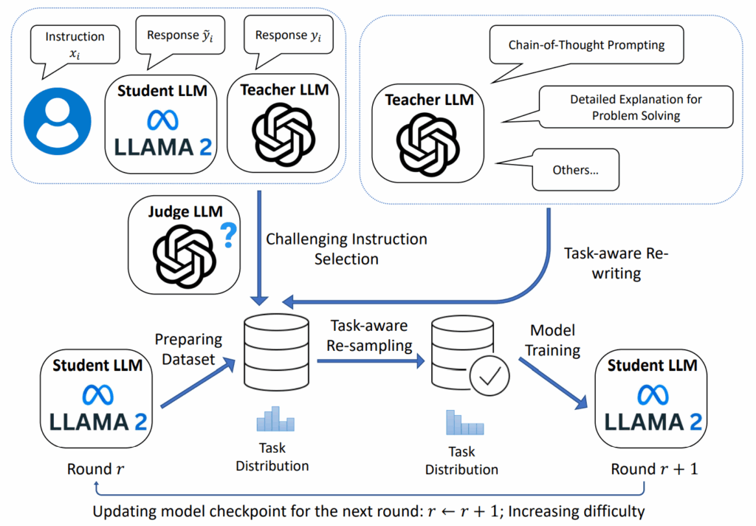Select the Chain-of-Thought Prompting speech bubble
(586, 46)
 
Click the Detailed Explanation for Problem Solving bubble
(636, 107)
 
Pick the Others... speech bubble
(575, 170)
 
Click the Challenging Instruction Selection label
(346, 249)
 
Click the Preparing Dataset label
(188, 349)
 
